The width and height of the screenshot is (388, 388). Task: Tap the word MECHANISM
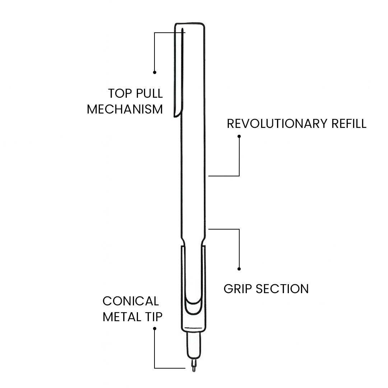tap(125, 109)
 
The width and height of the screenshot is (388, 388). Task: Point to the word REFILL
tap(348, 124)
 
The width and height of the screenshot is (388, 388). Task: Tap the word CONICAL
tap(130, 301)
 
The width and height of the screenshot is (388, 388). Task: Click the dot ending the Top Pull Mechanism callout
tap(155, 72)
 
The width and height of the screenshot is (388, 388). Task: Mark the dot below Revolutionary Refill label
tap(239, 136)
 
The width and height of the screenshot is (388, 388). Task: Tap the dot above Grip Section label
tap(239, 269)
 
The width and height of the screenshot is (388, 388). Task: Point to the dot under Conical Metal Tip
tap(155, 328)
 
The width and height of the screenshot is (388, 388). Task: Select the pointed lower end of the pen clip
tap(176, 116)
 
